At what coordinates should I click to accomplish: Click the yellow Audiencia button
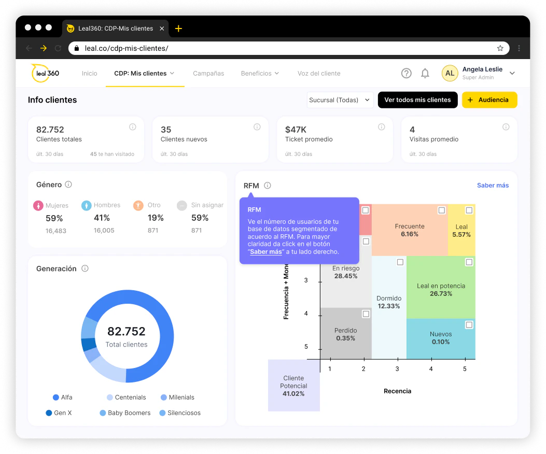(x=489, y=100)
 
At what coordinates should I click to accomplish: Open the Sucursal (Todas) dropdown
(x=340, y=100)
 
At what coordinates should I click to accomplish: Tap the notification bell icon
(x=425, y=74)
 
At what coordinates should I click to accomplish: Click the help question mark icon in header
(x=407, y=74)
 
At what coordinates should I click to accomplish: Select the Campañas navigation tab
(x=208, y=74)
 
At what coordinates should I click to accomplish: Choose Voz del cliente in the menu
(x=319, y=74)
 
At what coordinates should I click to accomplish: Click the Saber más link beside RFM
(x=493, y=186)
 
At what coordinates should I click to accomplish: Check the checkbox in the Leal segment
(x=469, y=210)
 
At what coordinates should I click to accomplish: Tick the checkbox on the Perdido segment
(x=366, y=314)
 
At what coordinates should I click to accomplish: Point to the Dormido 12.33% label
(x=389, y=302)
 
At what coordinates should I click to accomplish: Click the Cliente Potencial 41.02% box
(x=293, y=386)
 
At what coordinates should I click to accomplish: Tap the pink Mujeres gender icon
(x=38, y=206)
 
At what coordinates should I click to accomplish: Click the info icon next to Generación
(x=85, y=268)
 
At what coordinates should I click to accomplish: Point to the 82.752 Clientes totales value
(x=50, y=130)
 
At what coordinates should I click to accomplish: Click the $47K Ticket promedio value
(x=296, y=130)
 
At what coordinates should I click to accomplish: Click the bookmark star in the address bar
(x=500, y=48)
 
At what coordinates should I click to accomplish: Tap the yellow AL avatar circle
(x=450, y=74)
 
